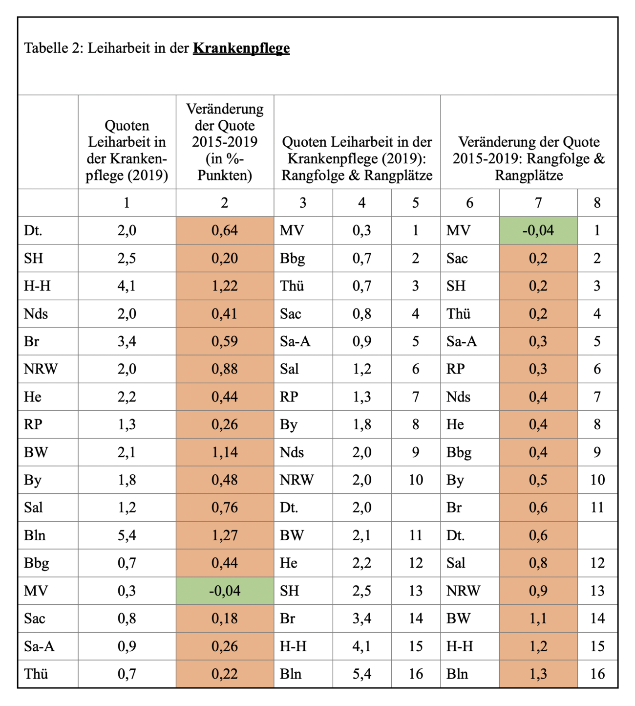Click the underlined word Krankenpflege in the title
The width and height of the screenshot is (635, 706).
(x=241, y=48)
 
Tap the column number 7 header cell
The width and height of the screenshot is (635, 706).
(x=538, y=203)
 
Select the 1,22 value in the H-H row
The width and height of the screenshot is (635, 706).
(x=225, y=286)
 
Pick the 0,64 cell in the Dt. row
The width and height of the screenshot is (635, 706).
(x=225, y=230)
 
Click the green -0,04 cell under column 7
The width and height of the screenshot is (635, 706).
(x=538, y=230)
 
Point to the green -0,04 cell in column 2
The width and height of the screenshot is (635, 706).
(x=225, y=590)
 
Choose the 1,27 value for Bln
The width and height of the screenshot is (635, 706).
(x=225, y=535)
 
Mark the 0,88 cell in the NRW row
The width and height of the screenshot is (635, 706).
(x=225, y=369)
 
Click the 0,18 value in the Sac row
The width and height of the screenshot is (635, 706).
(x=225, y=618)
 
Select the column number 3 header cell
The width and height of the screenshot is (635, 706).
(x=303, y=203)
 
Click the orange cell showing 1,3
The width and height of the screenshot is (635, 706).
(x=538, y=674)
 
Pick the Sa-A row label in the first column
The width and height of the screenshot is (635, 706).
(x=39, y=646)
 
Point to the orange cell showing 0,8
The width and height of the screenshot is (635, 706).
(x=538, y=563)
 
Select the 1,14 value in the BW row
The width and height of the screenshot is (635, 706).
(x=225, y=452)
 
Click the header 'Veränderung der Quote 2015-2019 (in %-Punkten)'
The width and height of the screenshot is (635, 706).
(x=225, y=142)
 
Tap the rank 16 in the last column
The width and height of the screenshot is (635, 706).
(x=597, y=674)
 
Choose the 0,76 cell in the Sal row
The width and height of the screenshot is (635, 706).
(x=225, y=507)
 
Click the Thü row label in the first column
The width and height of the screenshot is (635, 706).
(x=36, y=674)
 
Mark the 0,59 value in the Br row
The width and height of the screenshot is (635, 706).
(x=225, y=341)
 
